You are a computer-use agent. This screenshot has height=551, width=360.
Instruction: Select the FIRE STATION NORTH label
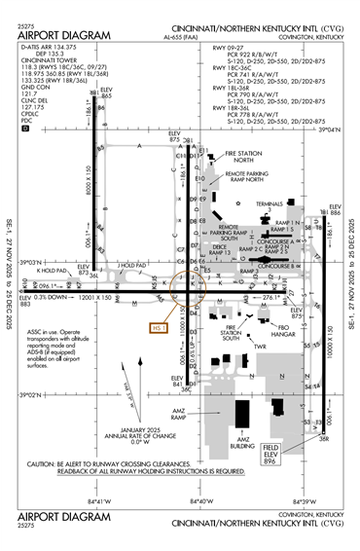(x=244, y=157)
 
